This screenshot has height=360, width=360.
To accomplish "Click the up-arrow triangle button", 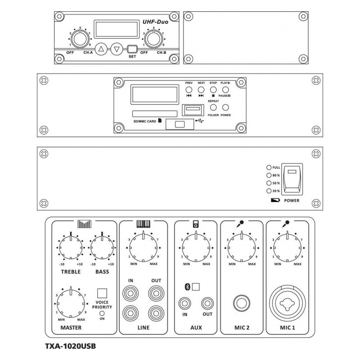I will (102, 49).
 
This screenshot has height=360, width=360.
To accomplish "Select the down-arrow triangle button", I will (117, 49).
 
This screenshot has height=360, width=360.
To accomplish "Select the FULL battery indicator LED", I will (269, 167).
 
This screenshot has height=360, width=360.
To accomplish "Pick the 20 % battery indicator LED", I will (269, 191).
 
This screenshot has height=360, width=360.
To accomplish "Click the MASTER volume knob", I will (71, 302).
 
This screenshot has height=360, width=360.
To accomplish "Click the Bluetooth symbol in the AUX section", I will (187, 286).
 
